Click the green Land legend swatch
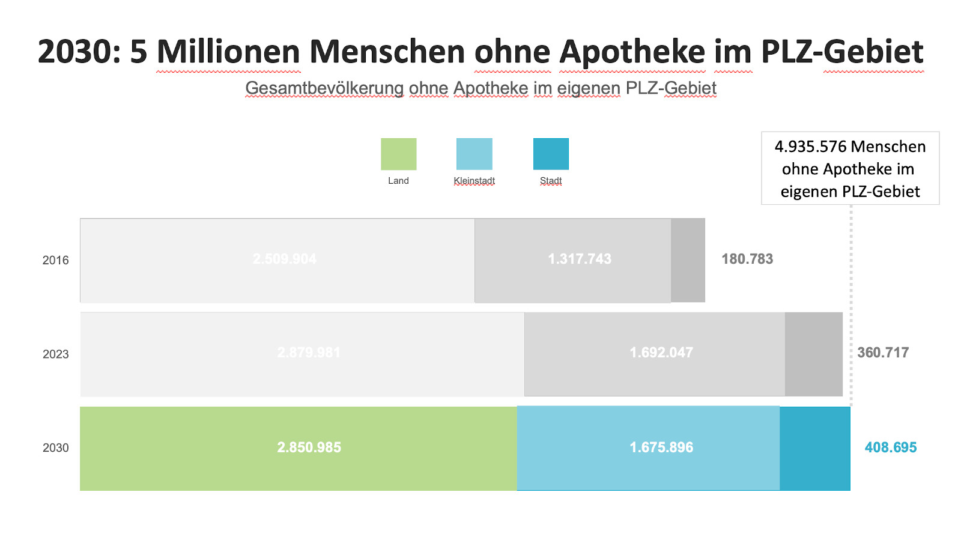coord(398,154)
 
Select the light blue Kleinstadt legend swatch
coord(474,154)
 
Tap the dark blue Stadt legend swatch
coord(551,154)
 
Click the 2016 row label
coord(55,260)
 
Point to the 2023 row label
coord(55,354)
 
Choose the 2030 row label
coord(55,447)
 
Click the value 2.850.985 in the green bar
coord(309,447)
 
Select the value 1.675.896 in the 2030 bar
coord(661,447)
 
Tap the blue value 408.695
coord(890,447)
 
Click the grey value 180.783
coord(747,259)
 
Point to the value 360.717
coord(882,353)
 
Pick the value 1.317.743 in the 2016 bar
coord(579,259)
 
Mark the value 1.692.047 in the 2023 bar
coord(661,353)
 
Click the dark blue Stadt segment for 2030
coord(814,449)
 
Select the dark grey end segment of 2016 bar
coord(688,260)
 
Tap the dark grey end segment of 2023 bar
coord(813,354)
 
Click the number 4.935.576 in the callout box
coord(810,147)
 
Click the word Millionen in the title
coord(228,52)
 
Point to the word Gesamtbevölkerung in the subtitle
coord(324,88)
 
